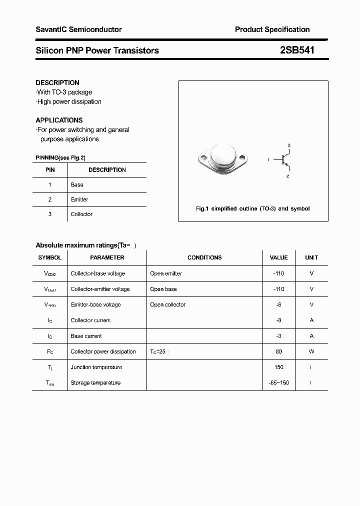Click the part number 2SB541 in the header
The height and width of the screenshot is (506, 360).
pyautogui.click(x=297, y=50)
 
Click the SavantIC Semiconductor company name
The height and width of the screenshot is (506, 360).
pyautogui.click(x=78, y=29)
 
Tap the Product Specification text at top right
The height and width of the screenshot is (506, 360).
pyautogui.click(x=272, y=29)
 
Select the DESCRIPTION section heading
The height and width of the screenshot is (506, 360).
pyautogui.click(x=57, y=82)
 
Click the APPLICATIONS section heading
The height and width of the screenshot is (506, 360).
pyautogui.click(x=59, y=120)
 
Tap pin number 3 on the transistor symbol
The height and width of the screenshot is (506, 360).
pyautogui.click(x=288, y=145)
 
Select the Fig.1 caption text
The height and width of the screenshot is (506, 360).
pyautogui.click(x=252, y=208)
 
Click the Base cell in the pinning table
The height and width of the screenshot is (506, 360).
pyautogui.click(x=77, y=184)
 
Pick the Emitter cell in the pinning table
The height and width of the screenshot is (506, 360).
pyautogui.click(x=79, y=199)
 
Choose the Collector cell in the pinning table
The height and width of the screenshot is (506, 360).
pyautogui.click(x=81, y=214)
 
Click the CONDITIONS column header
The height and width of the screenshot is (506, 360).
pyautogui.click(x=204, y=257)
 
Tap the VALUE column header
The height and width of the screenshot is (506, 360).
pyautogui.click(x=278, y=257)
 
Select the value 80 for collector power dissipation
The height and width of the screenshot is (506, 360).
pyautogui.click(x=278, y=351)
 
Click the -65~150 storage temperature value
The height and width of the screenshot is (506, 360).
pyautogui.click(x=278, y=382)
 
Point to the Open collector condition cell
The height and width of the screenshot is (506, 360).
pyautogui.click(x=167, y=304)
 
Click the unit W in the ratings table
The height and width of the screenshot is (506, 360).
pyautogui.click(x=311, y=351)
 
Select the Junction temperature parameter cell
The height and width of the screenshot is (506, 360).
pyautogui.click(x=96, y=367)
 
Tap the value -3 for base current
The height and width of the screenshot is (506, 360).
pyautogui.click(x=278, y=336)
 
